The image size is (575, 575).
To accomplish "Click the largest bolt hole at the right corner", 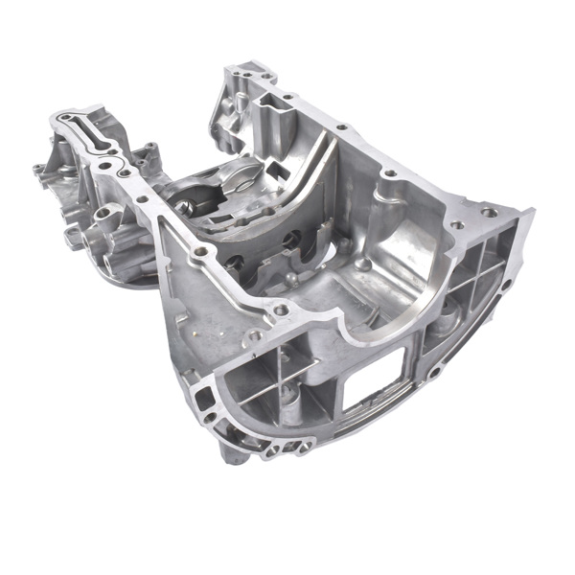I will [x=490, y=212].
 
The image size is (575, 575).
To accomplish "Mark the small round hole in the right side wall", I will [x=505, y=286].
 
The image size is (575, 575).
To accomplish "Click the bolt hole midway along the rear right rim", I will [x=389, y=174].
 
